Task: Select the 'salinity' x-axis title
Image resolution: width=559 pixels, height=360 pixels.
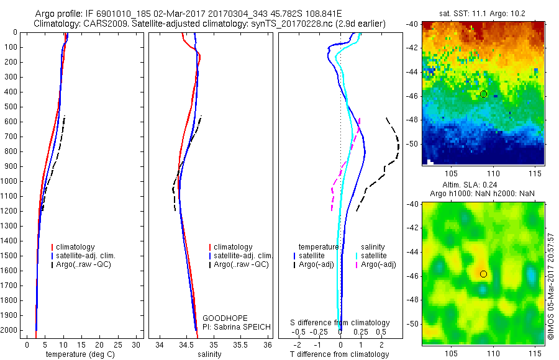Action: click(209, 354)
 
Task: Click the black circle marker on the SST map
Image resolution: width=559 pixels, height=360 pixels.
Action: click(484, 94)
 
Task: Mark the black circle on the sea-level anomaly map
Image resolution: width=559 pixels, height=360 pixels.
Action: click(484, 274)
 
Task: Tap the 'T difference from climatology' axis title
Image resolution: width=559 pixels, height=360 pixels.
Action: click(340, 354)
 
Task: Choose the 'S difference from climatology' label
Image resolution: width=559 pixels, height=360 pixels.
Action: click(340, 323)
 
